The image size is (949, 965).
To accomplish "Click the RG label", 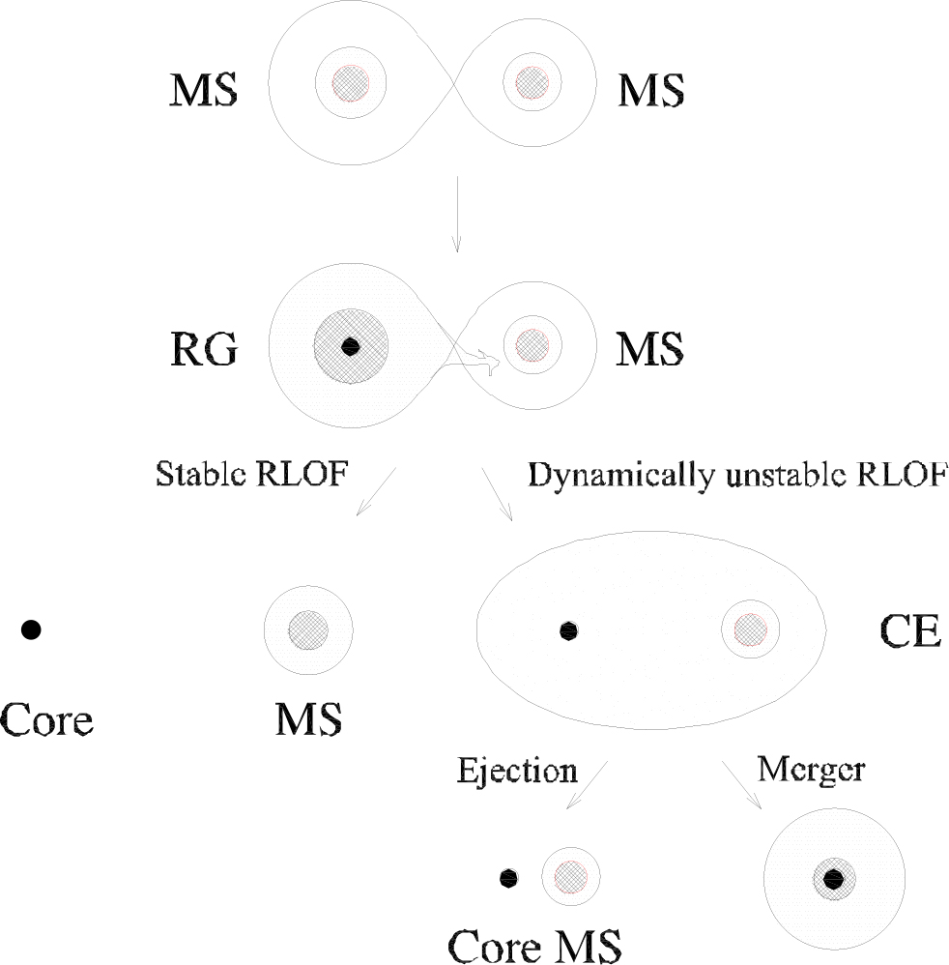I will click(x=201, y=348).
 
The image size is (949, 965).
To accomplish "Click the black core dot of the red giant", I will click(x=351, y=345).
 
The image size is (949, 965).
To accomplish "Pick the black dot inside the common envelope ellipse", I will click(x=568, y=630).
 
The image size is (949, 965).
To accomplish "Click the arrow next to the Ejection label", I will click(x=585, y=784).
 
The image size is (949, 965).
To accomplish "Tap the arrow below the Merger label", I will click(x=742, y=784).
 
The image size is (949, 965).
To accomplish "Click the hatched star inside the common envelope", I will click(x=748, y=629).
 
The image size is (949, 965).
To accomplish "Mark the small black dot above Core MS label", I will click(x=508, y=878).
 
